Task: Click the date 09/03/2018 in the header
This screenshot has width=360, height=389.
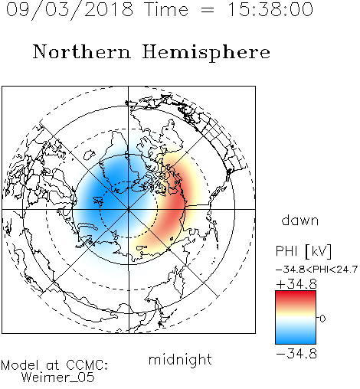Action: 70,10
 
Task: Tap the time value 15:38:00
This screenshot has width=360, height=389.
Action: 270,9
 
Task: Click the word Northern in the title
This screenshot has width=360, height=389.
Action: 82,51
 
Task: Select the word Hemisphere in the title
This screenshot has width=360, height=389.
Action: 206,53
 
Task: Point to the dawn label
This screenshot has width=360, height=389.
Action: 300,220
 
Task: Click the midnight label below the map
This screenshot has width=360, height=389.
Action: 180,360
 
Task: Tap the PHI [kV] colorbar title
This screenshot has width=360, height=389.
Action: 303,251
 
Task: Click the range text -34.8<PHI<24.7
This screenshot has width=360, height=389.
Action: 316,270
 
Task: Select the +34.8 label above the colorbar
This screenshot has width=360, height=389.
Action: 296,284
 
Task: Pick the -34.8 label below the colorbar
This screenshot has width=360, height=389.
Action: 296,354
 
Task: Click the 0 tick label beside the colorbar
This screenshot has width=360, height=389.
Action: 322,319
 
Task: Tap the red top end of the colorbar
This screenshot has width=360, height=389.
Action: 296,294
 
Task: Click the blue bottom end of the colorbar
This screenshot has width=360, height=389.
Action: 296,341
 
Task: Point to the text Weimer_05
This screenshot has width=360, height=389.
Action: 57,378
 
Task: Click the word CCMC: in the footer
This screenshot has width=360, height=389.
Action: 87,365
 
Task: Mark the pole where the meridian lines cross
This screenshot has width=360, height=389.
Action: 129,209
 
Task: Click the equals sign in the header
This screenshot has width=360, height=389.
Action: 208,10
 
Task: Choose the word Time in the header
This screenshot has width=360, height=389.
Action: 166,9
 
